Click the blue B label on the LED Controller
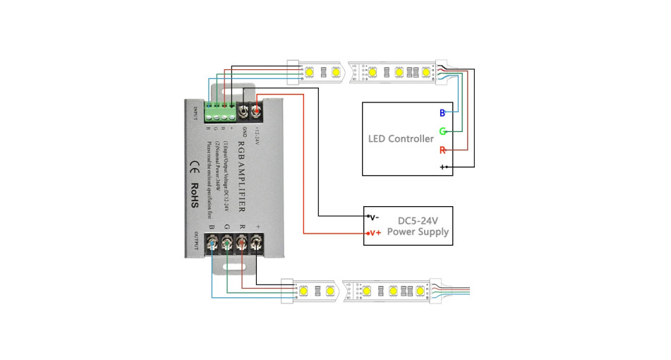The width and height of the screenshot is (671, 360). (x=442, y=113)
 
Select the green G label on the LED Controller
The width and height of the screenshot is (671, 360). (x=442, y=131)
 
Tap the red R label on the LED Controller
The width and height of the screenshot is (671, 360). (x=442, y=150)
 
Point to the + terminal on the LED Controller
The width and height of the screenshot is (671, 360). (x=442, y=167)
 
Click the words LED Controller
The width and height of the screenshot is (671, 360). (x=401, y=138)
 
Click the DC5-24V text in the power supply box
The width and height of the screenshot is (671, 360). (x=418, y=219)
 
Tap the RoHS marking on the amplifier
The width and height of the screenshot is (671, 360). (x=195, y=191)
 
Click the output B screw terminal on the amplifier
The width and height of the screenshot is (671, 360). (x=212, y=244)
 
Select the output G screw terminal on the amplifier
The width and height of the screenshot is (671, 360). (x=226, y=244)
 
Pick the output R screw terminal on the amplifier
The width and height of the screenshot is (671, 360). (x=241, y=244)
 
